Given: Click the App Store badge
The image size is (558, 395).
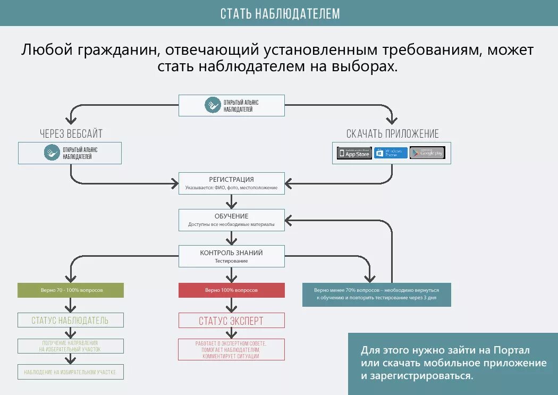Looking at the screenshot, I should pyautogui.click(x=354, y=153).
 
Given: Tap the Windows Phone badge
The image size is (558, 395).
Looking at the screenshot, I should pyautogui.click(x=391, y=153).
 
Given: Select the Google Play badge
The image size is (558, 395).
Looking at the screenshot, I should pyautogui.click(x=427, y=153).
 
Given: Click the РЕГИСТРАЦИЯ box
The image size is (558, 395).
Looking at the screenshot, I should pyautogui.click(x=231, y=183).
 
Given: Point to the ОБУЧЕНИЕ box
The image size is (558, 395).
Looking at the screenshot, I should pyautogui.click(x=231, y=220).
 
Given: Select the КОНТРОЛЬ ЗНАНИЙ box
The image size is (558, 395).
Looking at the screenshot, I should pyautogui.click(x=231, y=256).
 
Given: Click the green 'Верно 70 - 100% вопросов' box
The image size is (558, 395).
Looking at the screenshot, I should pyautogui.click(x=71, y=290).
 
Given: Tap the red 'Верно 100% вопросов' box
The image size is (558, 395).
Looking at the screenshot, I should pyautogui.click(x=231, y=290).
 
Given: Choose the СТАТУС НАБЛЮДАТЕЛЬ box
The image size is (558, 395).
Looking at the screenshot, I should pyautogui.click(x=71, y=320).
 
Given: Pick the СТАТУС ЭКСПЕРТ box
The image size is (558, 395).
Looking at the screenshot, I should pyautogui.click(x=231, y=321).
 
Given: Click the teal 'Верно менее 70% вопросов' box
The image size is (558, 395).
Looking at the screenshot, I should pyautogui.click(x=376, y=295).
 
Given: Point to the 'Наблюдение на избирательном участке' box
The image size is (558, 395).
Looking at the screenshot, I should pyautogui.click(x=71, y=372).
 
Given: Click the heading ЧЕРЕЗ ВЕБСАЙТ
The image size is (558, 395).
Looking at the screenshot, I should pyautogui.click(x=71, y=133).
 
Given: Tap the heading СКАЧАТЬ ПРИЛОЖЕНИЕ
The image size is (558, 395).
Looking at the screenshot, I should pyautogui.click(x=393, y=133).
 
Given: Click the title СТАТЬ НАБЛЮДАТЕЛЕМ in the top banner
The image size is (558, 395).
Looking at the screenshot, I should pyautogui.click(x=280, y=13).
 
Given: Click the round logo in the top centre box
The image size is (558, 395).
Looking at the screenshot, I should pyautogui.click(x=213, y=105).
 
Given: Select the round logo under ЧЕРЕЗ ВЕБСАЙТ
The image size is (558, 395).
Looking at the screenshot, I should pyautogui.click(x=52, y=153).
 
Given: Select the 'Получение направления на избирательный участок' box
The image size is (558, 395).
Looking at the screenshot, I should pyautogui.click(x=71, y=346).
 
